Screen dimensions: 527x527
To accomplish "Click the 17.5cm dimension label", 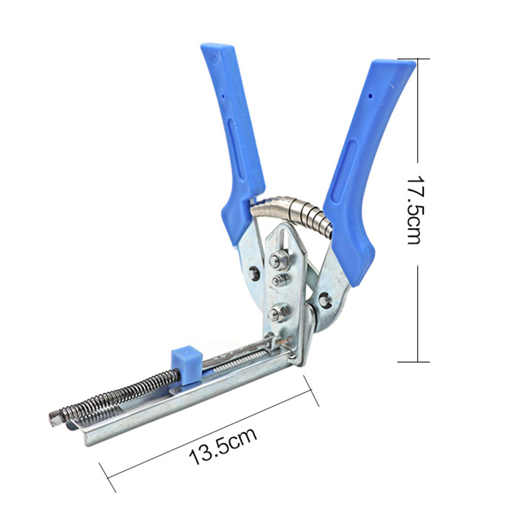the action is (413, 210).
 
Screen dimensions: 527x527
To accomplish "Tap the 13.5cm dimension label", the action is (223, 446).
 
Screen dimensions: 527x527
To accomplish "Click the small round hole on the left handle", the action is (223, 96).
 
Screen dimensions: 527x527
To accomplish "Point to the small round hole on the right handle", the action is (370, 96).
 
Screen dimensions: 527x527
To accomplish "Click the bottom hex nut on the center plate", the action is (278, 313).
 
